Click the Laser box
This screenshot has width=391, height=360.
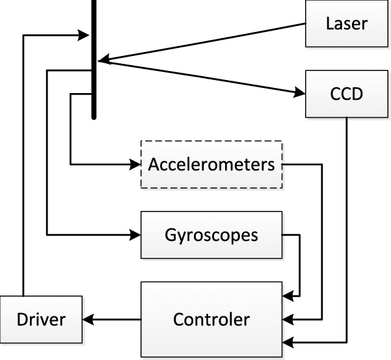point(346,25)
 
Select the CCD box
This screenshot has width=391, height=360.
point(346,95)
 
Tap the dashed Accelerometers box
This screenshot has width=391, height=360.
point(211,165)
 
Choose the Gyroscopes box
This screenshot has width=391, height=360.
point(211,234)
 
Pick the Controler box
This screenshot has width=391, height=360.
point(211,320)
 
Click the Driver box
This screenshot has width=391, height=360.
point(41,320)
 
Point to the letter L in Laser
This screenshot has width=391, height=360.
point(329,25)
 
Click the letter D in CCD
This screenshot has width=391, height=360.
point(357,95)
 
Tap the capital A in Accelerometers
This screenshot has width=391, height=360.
point(154,165)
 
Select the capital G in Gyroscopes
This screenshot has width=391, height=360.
point(170,234)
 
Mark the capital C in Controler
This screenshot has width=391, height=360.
point(178,320)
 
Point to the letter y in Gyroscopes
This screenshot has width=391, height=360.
point(182,236)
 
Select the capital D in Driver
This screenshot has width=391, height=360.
point(23,320)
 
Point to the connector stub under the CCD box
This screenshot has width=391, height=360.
point(346,119)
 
